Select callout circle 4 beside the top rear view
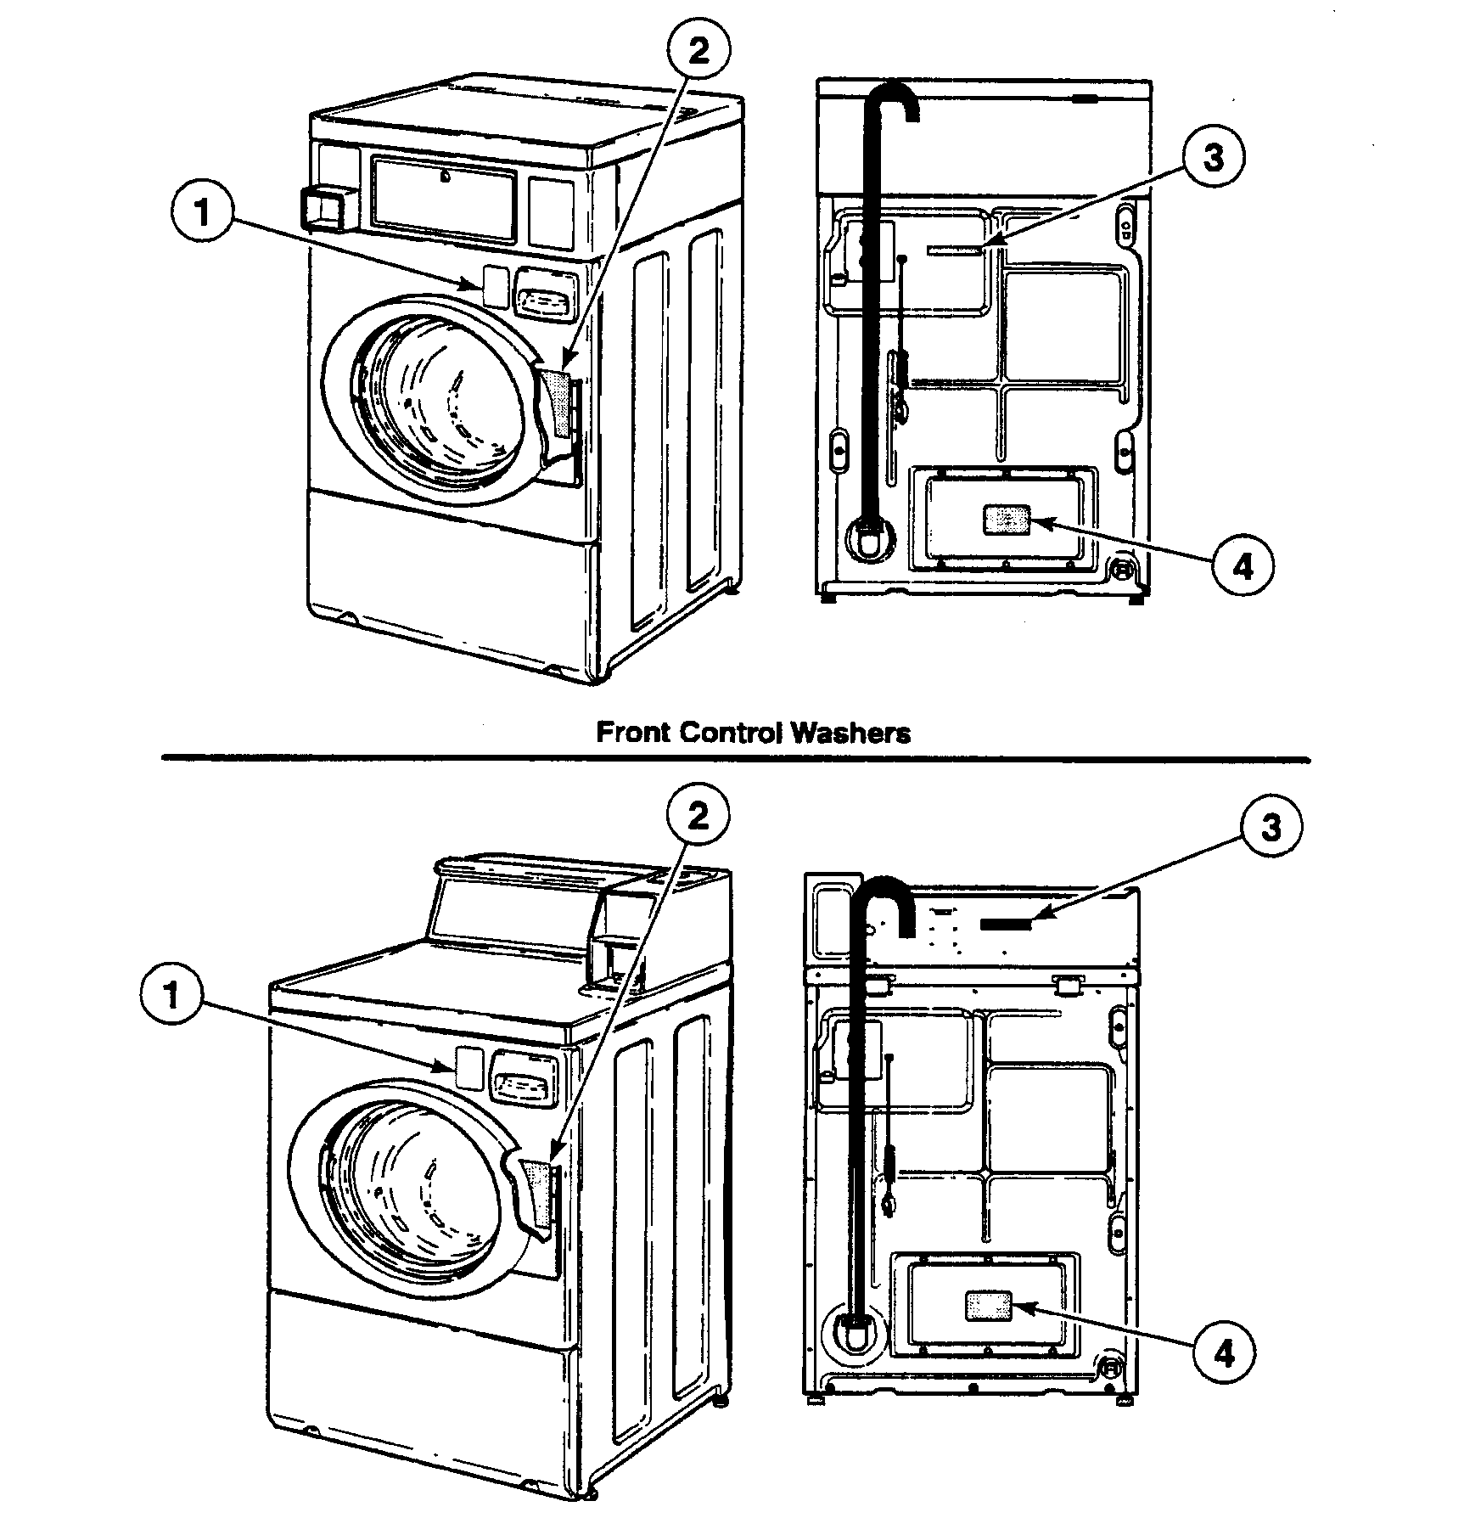[1242, 566]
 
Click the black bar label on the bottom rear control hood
[1007, 924]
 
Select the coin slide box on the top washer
[323, 208]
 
